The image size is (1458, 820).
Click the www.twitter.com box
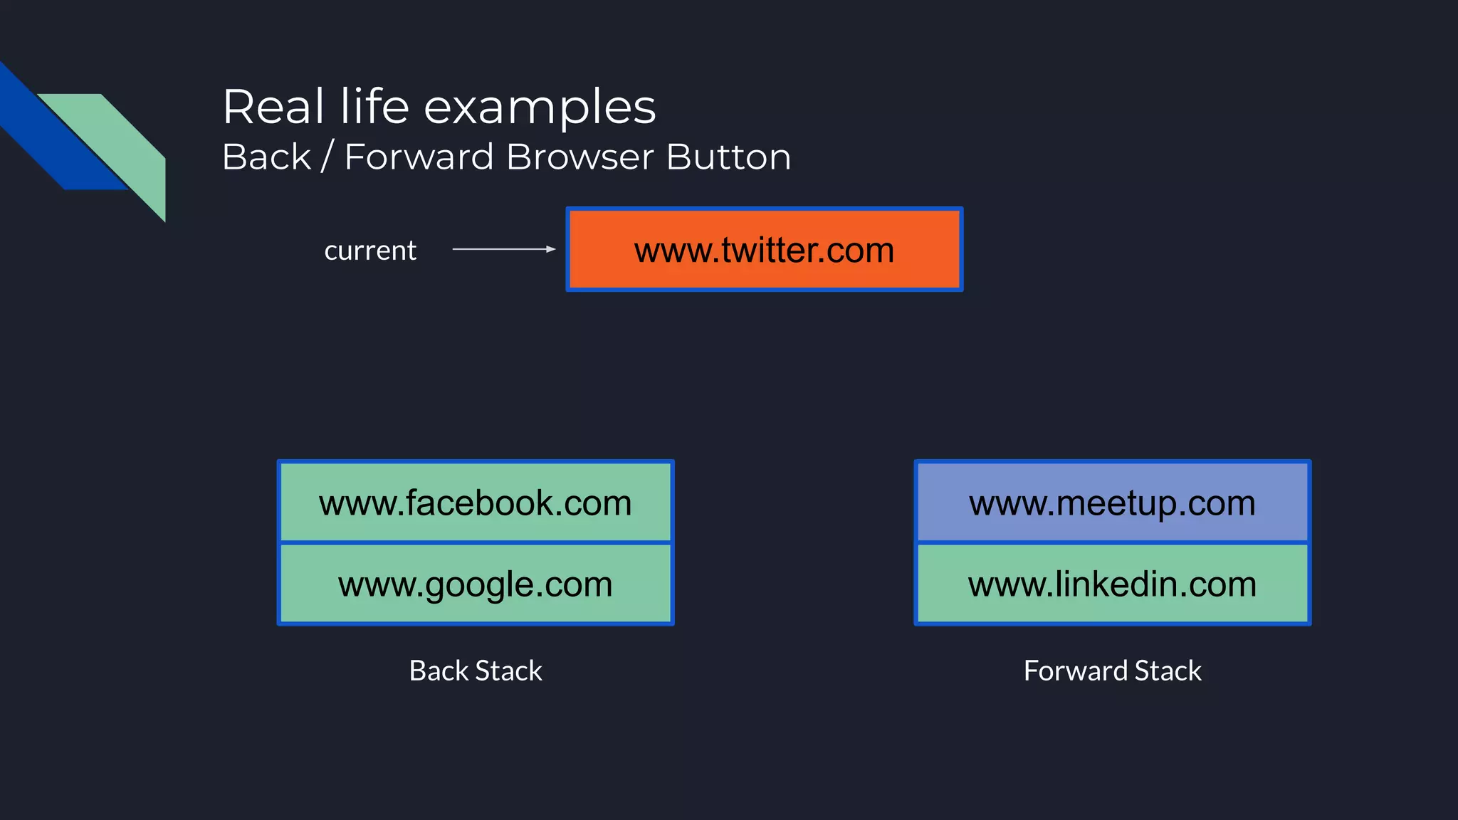click(x=764, y=249)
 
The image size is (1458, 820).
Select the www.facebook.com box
click(x=475, y=503)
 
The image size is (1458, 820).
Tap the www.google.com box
click(x=475, y=584)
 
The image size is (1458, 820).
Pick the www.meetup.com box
click(x=1112, y=503)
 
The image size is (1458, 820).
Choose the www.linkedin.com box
click(x=1112, y=584)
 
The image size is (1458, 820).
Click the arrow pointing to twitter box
click(x=503, y=249)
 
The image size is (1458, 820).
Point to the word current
click(x=370, y=251)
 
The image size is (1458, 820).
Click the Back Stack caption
click(x=475, y=671)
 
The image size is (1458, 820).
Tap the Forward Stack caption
click(x=1112, y=671)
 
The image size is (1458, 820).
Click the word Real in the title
click(x=273, y=107)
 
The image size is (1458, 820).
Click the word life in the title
click(x=374, y=107)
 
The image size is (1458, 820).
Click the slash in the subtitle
click(x=327, y=157)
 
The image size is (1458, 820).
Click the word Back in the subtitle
click(x=267, y=157)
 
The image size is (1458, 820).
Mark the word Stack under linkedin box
click(x=1168, y=671)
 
